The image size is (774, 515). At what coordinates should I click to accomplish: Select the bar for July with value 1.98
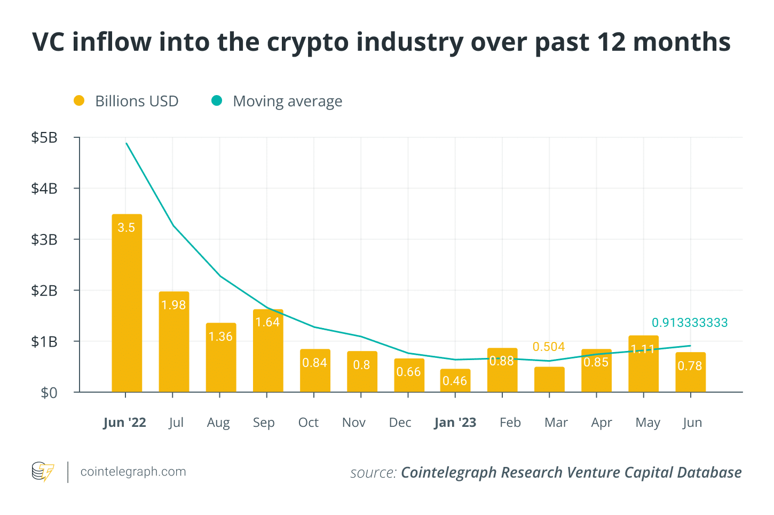(173, 342)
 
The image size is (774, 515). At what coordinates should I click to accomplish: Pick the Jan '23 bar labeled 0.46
(455, 380)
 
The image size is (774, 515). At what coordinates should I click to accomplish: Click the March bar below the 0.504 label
(549, 379)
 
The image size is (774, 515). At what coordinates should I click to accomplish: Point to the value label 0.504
(549, 347)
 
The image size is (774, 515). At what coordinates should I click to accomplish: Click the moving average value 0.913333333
(690, 323)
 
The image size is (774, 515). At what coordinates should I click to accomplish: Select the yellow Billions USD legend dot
(79, 101)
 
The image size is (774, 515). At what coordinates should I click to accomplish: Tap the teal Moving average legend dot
(217, 101)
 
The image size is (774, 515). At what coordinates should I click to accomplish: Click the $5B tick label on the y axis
(44, 138)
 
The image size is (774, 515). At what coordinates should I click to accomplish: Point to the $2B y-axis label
(44, 291)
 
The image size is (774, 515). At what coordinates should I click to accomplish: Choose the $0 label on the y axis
(49, 393)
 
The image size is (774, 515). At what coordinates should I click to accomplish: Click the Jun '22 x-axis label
(124, 423)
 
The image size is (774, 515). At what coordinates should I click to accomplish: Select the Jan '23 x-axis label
(455, 423)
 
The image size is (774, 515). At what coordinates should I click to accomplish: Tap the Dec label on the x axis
(400, 423)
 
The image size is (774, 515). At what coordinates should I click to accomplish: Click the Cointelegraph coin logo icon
(43, 472)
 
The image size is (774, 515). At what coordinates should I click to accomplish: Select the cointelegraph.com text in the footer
(133, 472)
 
